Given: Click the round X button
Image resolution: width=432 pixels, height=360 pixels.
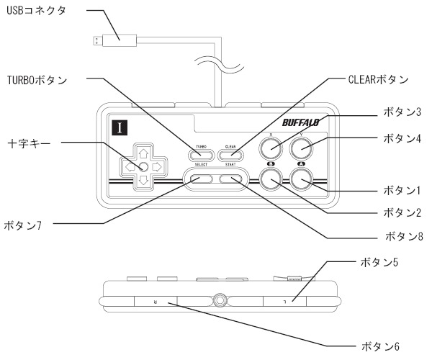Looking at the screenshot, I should [x=271, y=149].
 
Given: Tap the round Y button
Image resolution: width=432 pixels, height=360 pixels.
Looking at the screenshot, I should [x=302, y=149].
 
